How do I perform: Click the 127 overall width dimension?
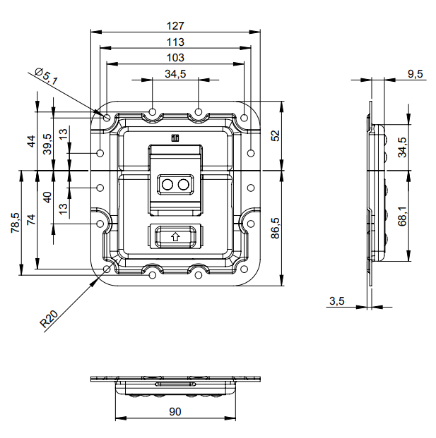pos(175,26)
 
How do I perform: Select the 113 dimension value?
pos(175,42)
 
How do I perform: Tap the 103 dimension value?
pos(175,58)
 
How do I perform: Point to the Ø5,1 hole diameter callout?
pos(47,76)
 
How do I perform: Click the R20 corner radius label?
pos(49,319)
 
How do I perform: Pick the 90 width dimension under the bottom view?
pos(175,412)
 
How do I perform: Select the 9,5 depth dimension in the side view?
pos(416,74)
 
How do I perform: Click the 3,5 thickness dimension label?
pos(337,301)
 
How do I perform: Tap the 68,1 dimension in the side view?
pos(402,217)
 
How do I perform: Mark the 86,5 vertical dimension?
pos(276,229)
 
